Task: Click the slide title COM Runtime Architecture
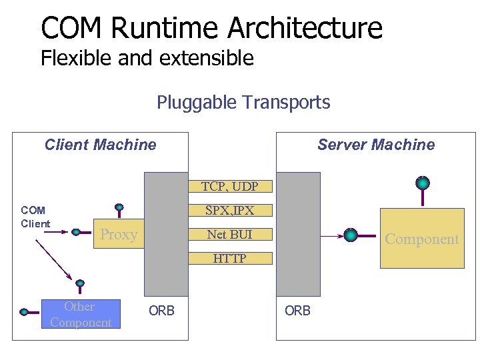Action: tap(211, 28)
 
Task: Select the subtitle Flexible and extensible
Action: tap(147, 59)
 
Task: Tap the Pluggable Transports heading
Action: tap(243, 103)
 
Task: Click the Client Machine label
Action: tap(100, 145)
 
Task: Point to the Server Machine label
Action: tap(375, 145)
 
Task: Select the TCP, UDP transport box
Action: tap(230, 187)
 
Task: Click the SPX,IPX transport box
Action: tap(230, 211)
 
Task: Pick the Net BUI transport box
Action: tap(230, 235)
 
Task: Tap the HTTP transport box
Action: tap(230, 259)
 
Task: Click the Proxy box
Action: tap(118, 235)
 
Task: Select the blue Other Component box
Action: tap(81, 315)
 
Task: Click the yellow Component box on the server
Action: tap(421, 239)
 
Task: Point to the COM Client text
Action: tap(35, 217)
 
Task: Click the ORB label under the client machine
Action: tap(161, 311)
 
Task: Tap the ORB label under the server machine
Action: tap(297, 311)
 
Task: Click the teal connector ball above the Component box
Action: tap(422, 183)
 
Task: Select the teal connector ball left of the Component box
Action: tap(351, 235)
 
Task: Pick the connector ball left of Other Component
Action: tap(25, 311)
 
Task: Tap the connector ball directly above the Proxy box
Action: tap(119, 207)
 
